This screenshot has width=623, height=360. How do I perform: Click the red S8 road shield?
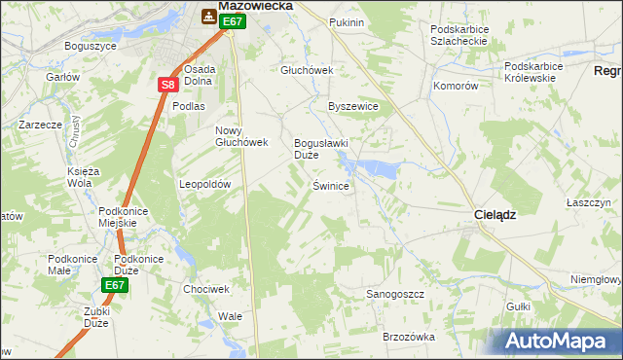(167, 85)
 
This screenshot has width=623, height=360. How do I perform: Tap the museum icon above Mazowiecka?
(209, 17)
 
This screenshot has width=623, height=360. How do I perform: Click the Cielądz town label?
(495, 215)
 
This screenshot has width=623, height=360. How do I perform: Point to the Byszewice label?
(352, 107)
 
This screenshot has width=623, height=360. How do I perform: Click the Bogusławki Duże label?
(320, 148)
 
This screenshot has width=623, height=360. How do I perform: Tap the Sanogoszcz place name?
(394, 293)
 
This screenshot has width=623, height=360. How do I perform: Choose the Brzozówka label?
(408, 336)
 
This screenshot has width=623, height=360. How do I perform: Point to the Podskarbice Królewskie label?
(533, 72)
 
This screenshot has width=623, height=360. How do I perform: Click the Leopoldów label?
(204, 184)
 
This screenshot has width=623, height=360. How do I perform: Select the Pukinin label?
(347, 21)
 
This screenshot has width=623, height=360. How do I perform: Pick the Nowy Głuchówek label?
(240, 136)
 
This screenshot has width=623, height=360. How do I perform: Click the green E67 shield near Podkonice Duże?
(114, 285)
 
